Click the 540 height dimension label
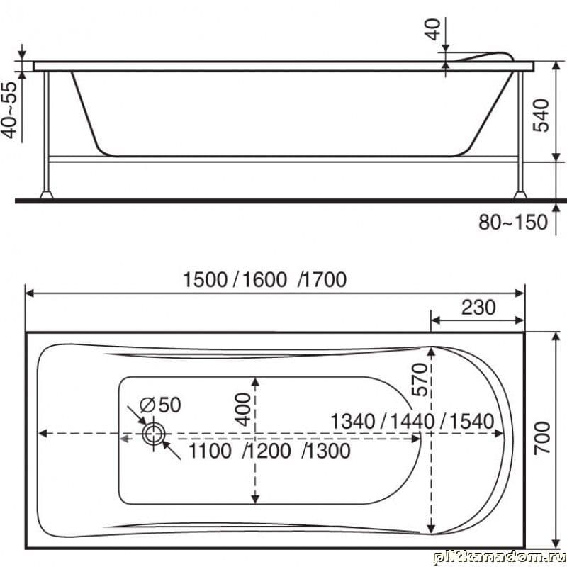point(541,115)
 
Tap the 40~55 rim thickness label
point(10,110)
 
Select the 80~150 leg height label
point(512,222)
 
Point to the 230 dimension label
point(478,308)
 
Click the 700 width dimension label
point(542,437)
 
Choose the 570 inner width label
point(420,380)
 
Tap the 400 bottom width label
point(243,410)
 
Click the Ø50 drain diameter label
point(160,405)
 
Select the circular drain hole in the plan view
point(154,434)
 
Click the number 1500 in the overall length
point(205,279)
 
